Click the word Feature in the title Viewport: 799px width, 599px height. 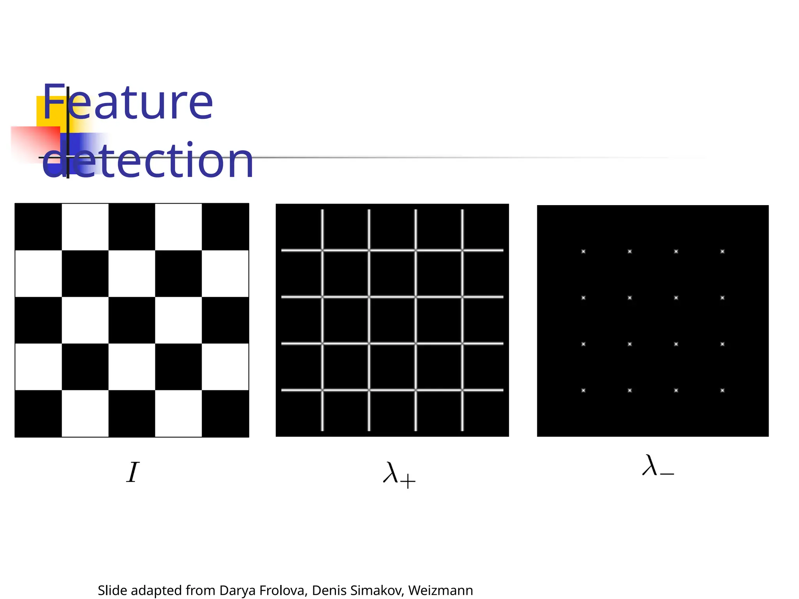coord(128,102)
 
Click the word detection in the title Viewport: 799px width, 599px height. coord(148,160)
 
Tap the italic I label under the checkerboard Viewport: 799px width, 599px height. coord(133,472)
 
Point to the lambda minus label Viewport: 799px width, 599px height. coord(658,466)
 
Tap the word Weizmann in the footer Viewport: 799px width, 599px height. coord(440,590)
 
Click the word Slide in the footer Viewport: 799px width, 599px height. coord(112,590)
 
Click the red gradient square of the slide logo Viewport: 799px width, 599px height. coord(35,142)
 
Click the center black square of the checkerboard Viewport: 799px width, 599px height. coord(132,320)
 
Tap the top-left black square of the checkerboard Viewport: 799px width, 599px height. coord(38,227)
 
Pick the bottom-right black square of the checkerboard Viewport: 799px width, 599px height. coord(225,413)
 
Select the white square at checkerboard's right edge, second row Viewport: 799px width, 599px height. coord(225,273)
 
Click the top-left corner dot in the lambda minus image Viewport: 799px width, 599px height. coord(583,252)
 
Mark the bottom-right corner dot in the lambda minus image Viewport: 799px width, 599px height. coord(722,390)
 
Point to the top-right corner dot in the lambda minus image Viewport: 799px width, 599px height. coord(722,252)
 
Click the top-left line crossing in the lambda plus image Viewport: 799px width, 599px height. coord(322,250)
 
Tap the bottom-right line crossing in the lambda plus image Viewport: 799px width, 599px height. coord(462,390)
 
